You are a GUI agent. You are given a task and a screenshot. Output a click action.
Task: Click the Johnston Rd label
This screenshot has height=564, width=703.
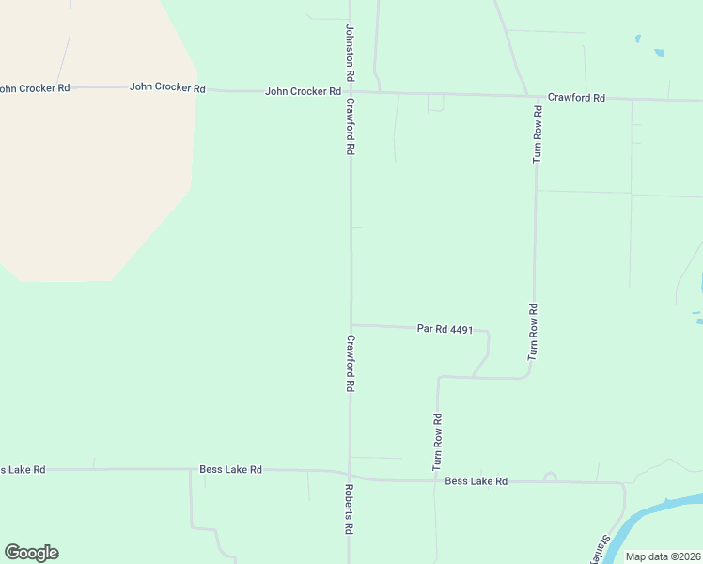click(350, 52)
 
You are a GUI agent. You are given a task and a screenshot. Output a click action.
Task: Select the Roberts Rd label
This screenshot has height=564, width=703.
click(348, 509)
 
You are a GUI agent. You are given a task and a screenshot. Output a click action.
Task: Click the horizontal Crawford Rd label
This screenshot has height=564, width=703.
click(576, 97)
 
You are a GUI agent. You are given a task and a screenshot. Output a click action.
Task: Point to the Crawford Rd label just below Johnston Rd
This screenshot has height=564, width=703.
click(350, 126)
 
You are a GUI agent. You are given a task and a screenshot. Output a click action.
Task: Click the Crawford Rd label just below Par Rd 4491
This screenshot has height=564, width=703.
click(350, 363)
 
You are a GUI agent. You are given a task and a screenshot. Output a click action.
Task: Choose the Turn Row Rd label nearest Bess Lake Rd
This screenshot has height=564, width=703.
click(437, 442)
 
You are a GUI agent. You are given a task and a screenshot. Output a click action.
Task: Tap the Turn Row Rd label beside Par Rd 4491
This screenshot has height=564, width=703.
click(533, 332)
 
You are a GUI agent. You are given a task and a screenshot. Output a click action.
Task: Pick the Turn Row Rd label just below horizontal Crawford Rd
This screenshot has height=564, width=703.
click(538, 134)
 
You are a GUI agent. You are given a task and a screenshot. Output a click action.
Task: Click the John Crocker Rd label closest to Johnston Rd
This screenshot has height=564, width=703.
click(303, 91)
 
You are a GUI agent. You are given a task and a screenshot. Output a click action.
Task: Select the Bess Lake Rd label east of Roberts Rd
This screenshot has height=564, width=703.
click(476, 481)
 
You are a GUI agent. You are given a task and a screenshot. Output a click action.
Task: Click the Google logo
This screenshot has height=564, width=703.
click(31, 553)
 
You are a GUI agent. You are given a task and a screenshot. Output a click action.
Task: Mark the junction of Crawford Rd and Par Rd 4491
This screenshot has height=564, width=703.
click(351, 325)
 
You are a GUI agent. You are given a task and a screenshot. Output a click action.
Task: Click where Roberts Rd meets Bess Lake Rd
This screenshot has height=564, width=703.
click(350, 475)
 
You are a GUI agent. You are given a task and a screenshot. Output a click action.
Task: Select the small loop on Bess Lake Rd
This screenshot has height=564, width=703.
click(550, 478)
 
